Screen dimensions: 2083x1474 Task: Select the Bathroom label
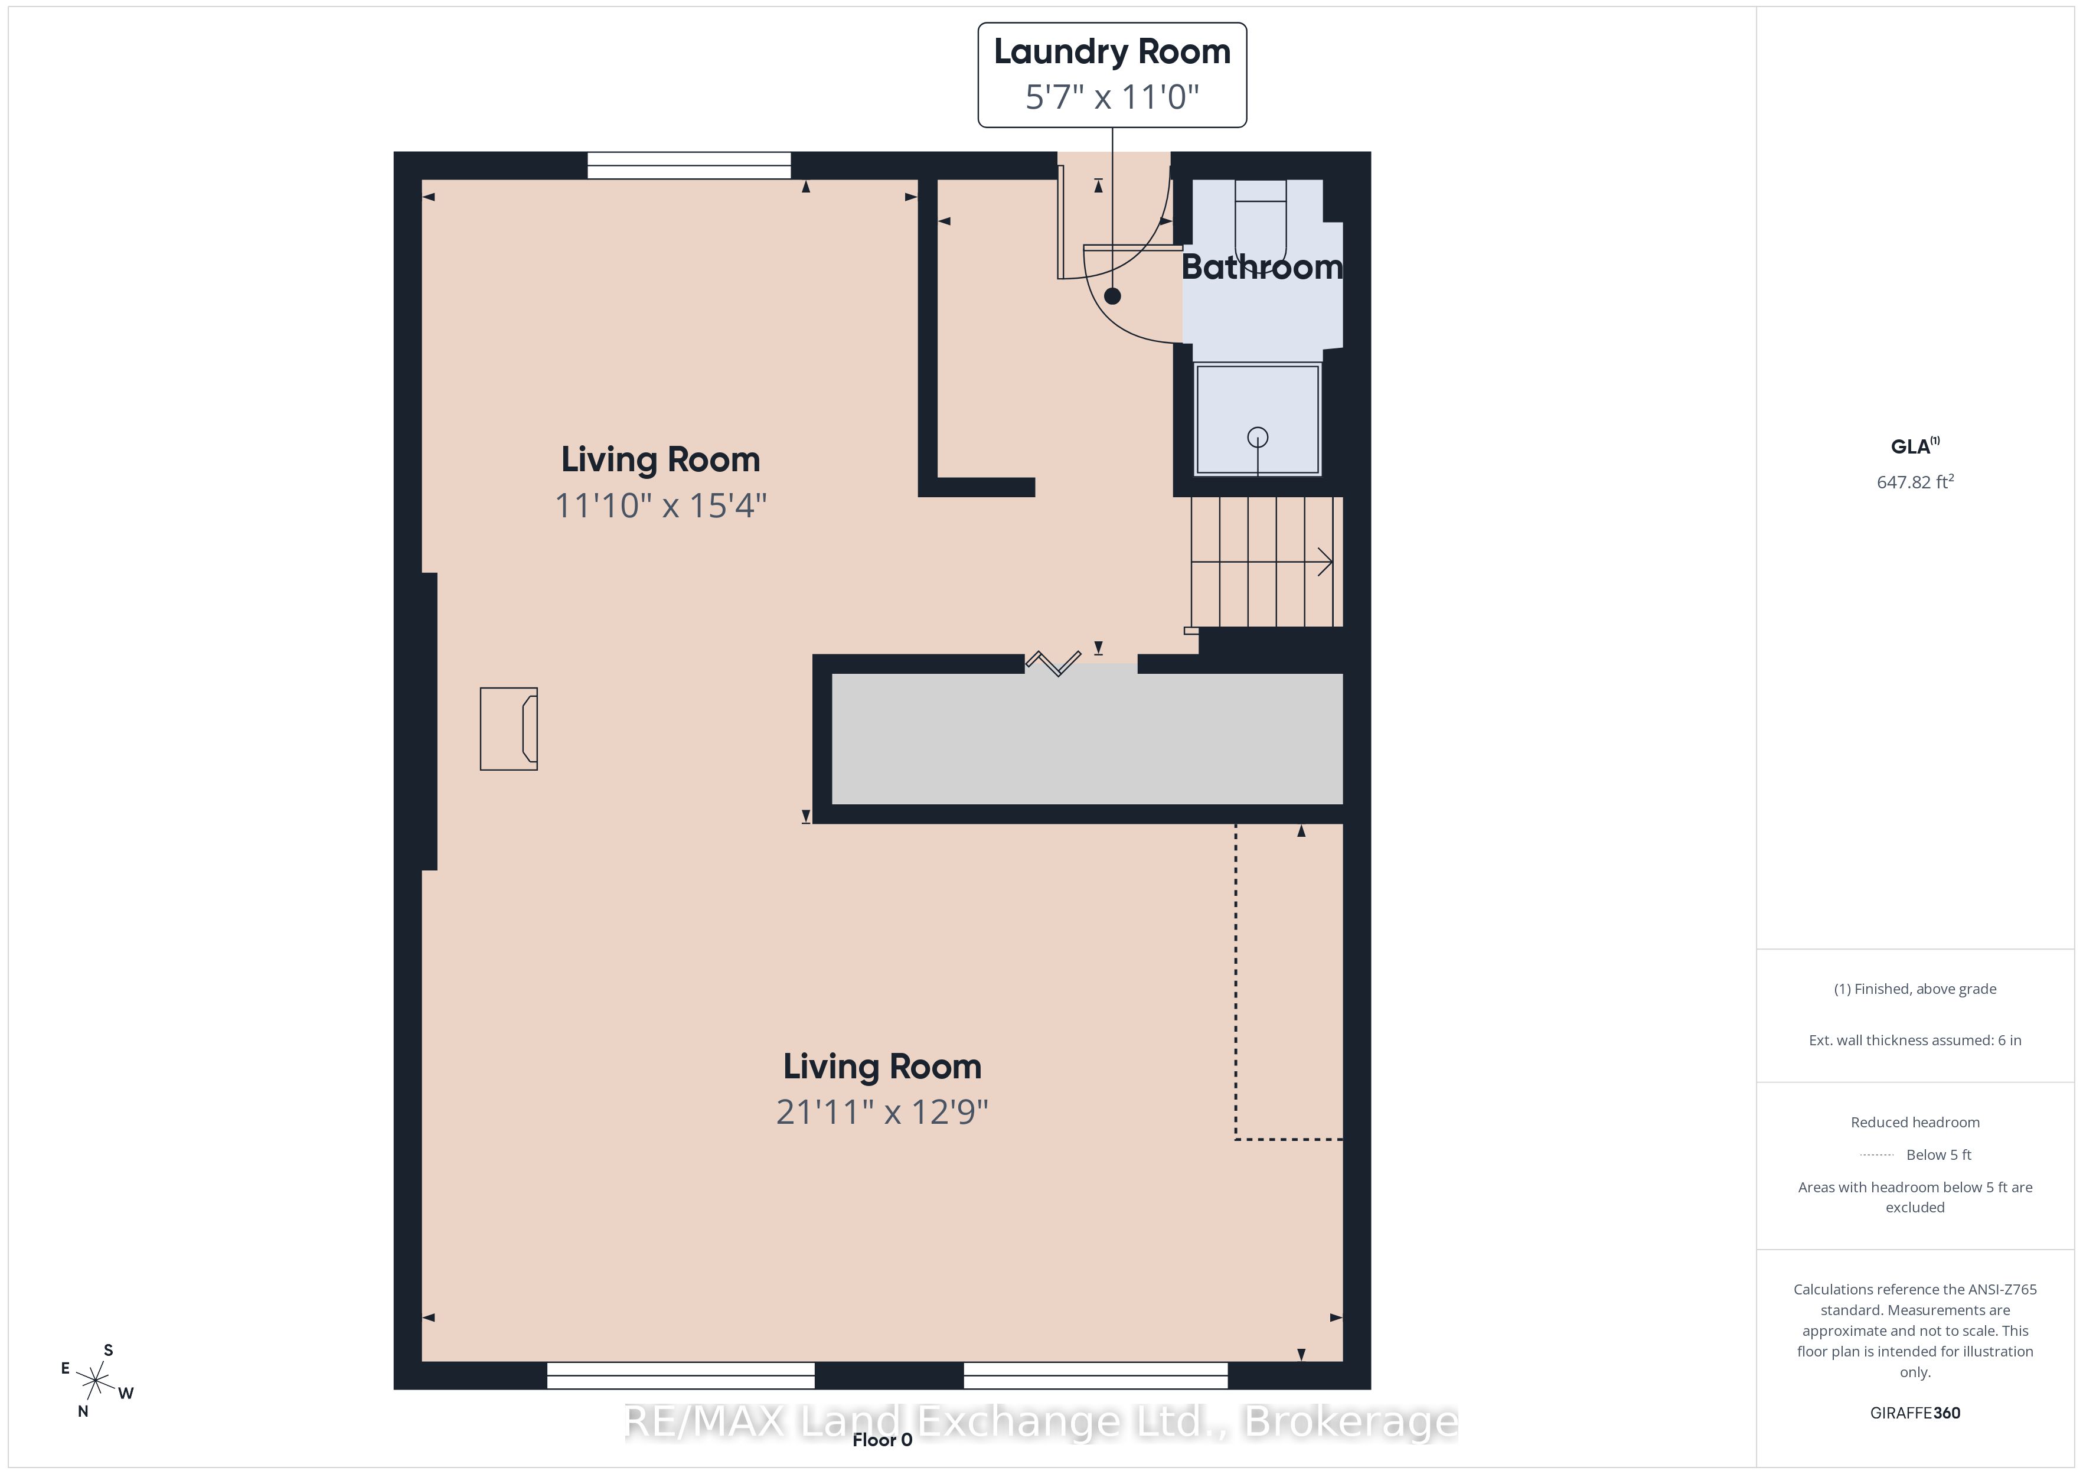click(x=1262, y=267)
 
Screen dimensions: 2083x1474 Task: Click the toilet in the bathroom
click(x=1260, y=223)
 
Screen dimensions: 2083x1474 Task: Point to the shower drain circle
click(x=1258, y=438)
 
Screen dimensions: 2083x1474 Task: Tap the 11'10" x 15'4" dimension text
click(x=661, y=506)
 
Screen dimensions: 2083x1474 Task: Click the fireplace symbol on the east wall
click(x=509, y=729)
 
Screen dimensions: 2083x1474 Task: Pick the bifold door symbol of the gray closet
click(x=1053, y=664)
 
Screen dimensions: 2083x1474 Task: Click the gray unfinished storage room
click(x=1087, y=739)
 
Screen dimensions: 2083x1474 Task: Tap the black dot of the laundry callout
click(x=1112, y=296)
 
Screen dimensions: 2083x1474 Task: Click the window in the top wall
click(x=690, y=165)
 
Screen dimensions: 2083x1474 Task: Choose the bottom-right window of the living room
click(x=1096, y=1375)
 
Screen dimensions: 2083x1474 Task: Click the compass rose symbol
click(x=95, y=1381)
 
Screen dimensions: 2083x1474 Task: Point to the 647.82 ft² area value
click(x=1915, y=482)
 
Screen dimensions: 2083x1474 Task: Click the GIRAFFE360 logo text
click(x=1915, y=1413)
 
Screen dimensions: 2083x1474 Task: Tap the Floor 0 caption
click(x=882, y=1440)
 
